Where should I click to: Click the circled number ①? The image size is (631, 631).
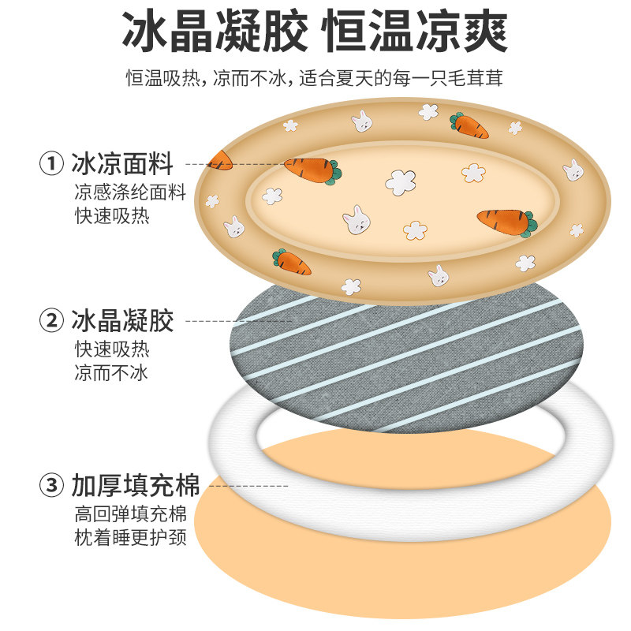[x=51, y=164]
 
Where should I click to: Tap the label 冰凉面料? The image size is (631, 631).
[x=122, y=164]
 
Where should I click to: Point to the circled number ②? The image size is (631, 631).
[x=51, y=320]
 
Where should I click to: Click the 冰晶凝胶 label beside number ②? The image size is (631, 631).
[x=122, y=320]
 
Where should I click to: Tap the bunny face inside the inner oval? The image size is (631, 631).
[x=356, y=220]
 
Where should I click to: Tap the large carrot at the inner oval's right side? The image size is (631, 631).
[x=506, y=220]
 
